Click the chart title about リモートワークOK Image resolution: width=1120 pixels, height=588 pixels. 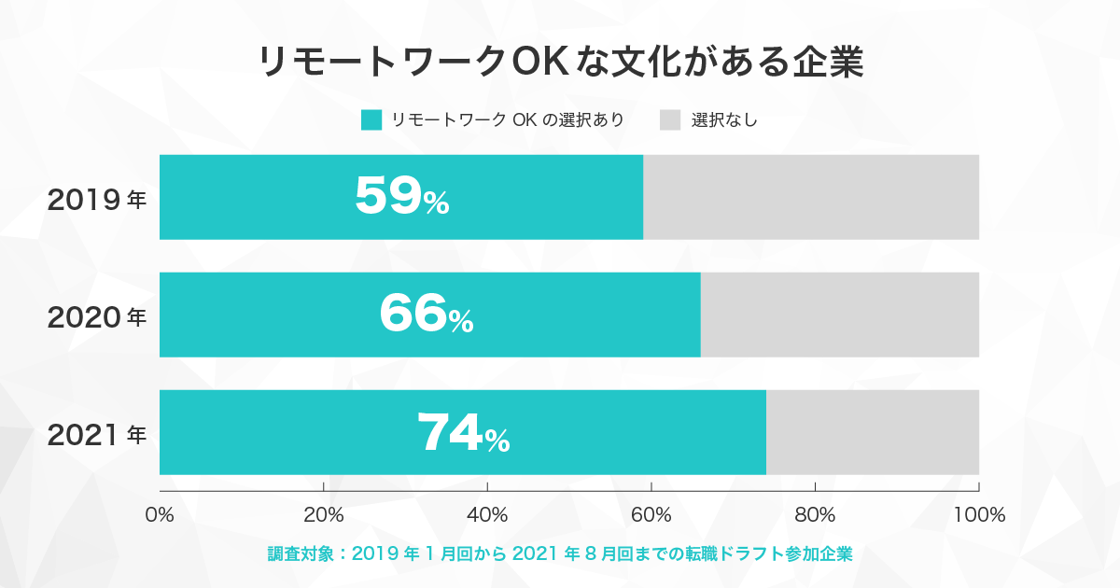[561, 62]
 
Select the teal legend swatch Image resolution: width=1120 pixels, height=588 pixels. [371, 120]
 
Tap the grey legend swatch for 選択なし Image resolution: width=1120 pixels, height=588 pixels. [670, 120]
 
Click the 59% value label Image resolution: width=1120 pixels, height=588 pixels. [402, 196]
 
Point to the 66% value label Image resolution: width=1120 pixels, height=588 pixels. [427, 314]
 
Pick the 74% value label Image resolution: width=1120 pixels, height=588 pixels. [464, 432]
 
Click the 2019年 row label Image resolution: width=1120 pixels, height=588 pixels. [96, 200]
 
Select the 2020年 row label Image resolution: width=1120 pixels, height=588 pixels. [96, 317]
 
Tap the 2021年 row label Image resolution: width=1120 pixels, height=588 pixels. [96, 435]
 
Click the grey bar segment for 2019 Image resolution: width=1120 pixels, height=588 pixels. [811, 197]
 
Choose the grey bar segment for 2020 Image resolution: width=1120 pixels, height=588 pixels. [839, 315]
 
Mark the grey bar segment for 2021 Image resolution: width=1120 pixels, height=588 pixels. [873, 432]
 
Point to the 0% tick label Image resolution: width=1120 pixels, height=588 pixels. [160, 514]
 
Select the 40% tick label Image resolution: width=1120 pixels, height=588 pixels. [487, 514]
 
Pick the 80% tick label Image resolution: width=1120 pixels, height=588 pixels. [815, 514]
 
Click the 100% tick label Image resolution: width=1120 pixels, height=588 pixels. [979, 514]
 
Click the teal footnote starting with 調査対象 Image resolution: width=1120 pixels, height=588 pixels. [560, 554]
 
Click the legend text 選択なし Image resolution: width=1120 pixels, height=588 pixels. [724, 120]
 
